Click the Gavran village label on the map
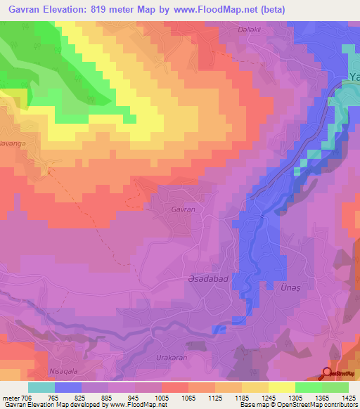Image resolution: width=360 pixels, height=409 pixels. point(183,209)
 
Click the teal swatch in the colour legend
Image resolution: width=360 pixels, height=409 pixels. point(41,387)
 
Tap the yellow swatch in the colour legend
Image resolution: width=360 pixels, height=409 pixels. point(281,387)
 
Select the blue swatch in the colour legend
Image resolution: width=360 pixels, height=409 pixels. point(68,387)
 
